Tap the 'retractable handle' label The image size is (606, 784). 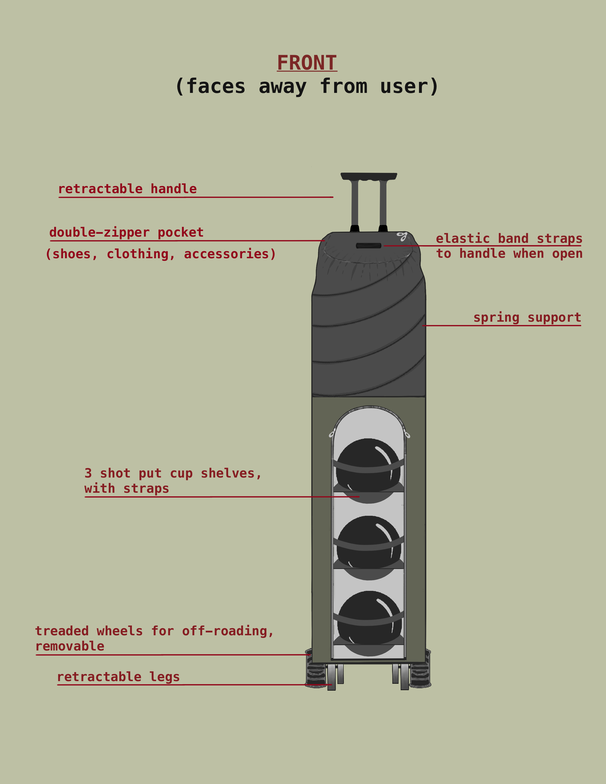point(127,189)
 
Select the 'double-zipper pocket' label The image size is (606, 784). point(126,232)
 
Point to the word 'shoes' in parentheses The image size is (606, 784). point(72,254)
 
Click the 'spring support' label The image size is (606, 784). point(527,317)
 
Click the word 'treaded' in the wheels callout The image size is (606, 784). point(62,631)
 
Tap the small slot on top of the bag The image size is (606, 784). point(368,246)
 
